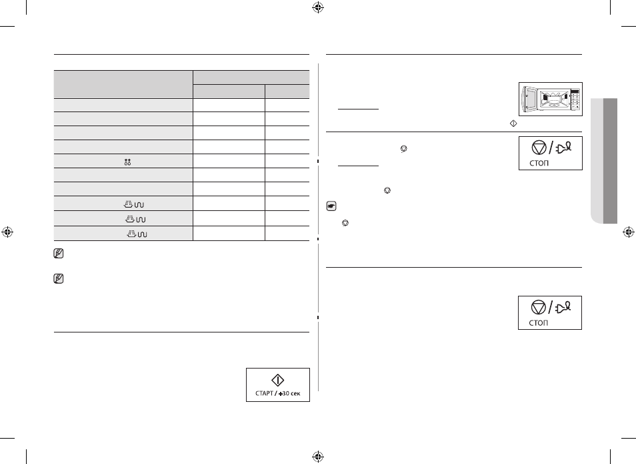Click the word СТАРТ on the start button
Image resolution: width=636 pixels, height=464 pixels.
[x=264, y=393]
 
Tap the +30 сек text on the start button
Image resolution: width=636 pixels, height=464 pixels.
[x=289, y=393]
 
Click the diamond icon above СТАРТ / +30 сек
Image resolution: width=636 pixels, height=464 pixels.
[x=277, y=381]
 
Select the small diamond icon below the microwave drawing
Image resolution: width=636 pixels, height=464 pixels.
[x=513, y=124]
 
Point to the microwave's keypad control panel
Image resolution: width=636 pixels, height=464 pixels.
[x=575, y=99]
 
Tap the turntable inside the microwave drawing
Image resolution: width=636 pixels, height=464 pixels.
[x=553, y=104]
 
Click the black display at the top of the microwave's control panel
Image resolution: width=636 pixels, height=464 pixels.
[x=575, y=91]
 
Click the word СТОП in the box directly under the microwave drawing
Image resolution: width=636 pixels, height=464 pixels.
[x=539, y=163]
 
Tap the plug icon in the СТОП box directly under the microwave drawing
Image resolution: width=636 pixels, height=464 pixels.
[x=564, y=148]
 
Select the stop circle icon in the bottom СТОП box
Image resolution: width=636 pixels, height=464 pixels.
[x=538, y=308]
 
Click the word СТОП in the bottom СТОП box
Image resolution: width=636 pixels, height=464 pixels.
[x=538, y=322]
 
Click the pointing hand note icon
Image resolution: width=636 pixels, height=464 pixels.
[x=331, y=206]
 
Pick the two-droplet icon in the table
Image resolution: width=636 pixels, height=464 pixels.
[x=127, y=162]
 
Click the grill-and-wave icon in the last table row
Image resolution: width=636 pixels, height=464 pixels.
[x=137, y=234]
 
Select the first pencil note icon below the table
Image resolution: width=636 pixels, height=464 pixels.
[x=59, y=254]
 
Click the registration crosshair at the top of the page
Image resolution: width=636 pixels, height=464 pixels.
[x=318, y=7]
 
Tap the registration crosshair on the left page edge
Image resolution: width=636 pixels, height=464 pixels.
[x=7, y=232]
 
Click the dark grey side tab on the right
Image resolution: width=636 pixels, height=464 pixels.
[x=610, y=161]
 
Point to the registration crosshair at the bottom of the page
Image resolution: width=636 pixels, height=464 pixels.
[x=318, y=456]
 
